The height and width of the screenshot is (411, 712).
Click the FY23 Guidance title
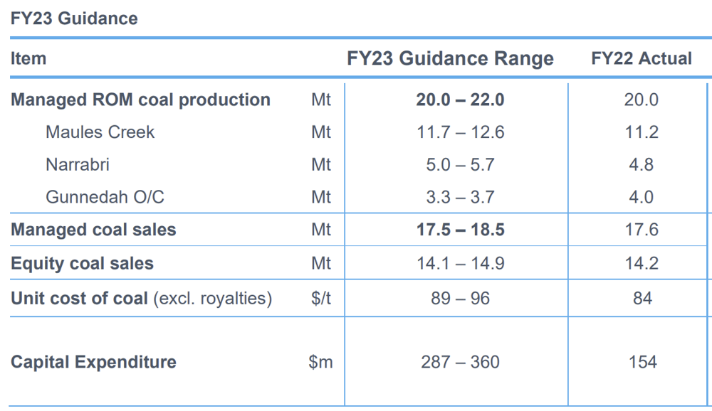pyautogui.click(x=74, y=18)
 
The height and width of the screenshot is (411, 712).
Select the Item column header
pyautogui.click(x=28, y=58)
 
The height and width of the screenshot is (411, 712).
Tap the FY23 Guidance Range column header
pyautogui.click(x=450, y=58)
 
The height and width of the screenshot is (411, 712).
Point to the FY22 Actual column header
pyautogui.click(x=642, y=58)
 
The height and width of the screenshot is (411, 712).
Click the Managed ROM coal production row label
pyautogui.click(x=140, y=100)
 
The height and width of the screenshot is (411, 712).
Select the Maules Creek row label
pyautogui.click(x=100, y=132)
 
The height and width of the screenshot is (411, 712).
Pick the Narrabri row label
pyautogui.click(x=77, y=164)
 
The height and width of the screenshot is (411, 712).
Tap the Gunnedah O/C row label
pyautogui.click(x=105, y=197)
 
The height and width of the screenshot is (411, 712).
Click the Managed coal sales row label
pyautogui.click(x=93, y=230)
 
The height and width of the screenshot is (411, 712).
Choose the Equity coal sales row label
pyautogui.click(x=82, y=263)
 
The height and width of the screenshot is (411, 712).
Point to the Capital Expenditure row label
pyautogui.click(x=93, y=362)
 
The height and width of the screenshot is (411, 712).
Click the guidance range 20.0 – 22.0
pyautogui.click(x=460, y=100)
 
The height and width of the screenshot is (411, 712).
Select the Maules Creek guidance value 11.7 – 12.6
pyautogui.click(x=460, y=132)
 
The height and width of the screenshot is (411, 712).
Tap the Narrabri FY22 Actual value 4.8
pyautogui.click(x=642, y=164)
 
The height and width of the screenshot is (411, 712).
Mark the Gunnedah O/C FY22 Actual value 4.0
pyautogui.click(x=642, y=197)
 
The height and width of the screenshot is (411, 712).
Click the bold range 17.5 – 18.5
pyautogui.click(x=460, y=230)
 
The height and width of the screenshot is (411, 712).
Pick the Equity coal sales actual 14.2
pyautogui.click(x=642, y=263)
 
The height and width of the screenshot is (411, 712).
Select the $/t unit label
pyautogui.click(x=321, y=299)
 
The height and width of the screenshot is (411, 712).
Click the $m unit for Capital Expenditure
pyautogui.click(x=320, y=362)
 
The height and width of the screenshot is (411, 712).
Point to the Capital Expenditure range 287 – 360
pyautogui.click(x=460, y=362)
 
